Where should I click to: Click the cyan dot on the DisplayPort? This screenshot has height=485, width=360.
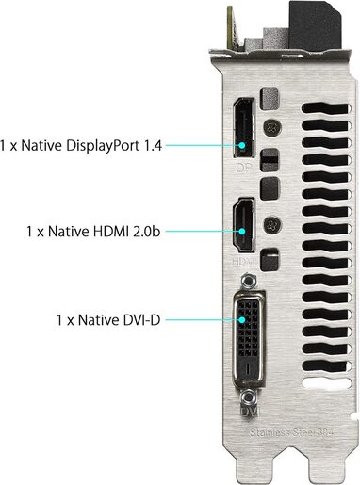[242, 145]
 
